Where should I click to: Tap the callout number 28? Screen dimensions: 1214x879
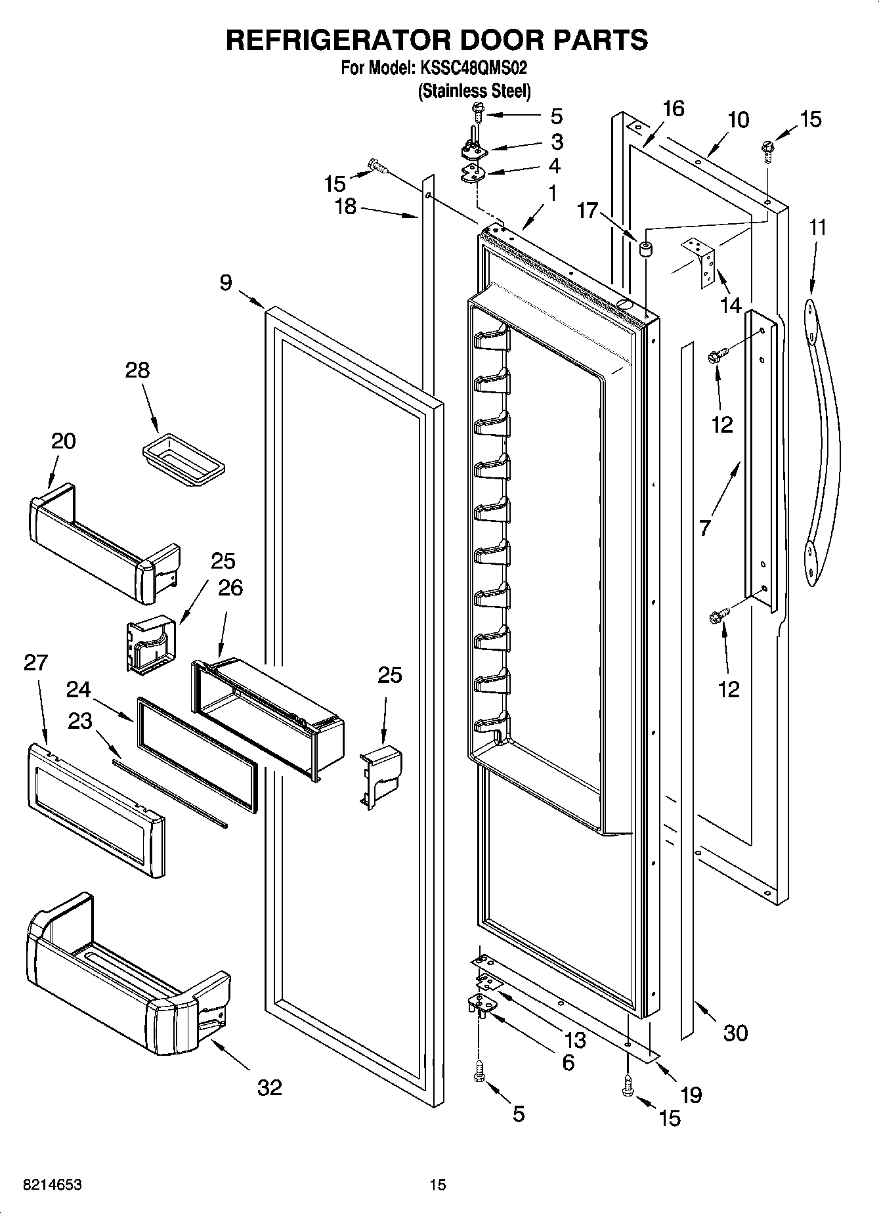(137, 370)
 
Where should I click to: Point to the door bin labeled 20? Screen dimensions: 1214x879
(98, 542)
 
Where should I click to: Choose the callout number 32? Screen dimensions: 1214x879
(269, 1087)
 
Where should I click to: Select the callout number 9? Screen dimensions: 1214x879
(226, 283)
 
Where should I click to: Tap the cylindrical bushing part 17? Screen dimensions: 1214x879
(645, 249)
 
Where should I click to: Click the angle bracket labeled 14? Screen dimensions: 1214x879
(701, 261)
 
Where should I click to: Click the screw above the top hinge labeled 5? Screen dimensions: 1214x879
(478, 116)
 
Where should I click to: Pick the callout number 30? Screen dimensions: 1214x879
(735, 1033)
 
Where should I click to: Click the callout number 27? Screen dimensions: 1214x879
(35, 662)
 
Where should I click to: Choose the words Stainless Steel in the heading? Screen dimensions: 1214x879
(475, 91)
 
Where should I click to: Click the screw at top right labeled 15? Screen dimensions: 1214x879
(767, 148)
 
